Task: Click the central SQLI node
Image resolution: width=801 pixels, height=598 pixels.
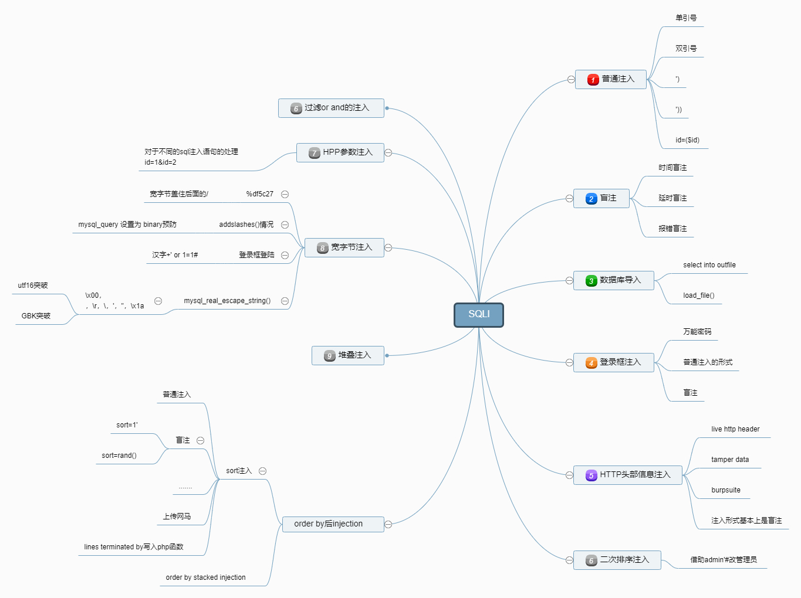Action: pyautogui.click(x=479, y=315)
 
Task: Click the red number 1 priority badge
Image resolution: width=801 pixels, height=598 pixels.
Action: pyautogui.click(x=593, y=80)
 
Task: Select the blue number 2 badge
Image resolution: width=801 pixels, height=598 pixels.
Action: pyautogui.click(x=591, y=199)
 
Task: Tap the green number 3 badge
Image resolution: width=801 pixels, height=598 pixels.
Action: pyautogui.click(x=591, y=281)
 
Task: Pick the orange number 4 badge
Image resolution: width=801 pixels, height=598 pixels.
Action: pyautogui.click(x=591, y=363)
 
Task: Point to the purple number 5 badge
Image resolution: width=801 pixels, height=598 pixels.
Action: pyautogui.click(x=591, y=475)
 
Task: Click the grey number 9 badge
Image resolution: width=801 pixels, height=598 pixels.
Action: pyautogui.click(x=330, y=356)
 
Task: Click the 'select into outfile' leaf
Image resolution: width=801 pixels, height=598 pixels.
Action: pyautogui.click(x=709, y=265)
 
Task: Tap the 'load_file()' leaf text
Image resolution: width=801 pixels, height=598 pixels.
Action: pyautogui.click(x=698, y=295)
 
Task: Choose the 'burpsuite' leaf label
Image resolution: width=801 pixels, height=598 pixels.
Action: pyautogui.click(x=725, y=490)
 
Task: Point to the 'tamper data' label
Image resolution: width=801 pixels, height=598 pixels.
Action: pyautogui.click(x=729, y=460)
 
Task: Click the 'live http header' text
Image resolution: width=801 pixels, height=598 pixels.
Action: pyautogui.click(x=735, y=429)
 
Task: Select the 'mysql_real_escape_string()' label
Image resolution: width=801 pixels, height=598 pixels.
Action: pyautogui.click(x=227, y=301)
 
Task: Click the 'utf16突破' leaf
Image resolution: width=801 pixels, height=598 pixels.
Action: pyautogui.click(x=33, y=286)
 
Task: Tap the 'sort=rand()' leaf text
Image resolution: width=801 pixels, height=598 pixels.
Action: pyautogui.click(x=119, y=456)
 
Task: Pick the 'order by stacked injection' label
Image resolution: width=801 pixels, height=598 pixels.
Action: pyautogui.click(x=205, y=577)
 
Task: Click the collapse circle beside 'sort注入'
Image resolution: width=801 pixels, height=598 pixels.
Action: pyautogui.click(x=263, y=471)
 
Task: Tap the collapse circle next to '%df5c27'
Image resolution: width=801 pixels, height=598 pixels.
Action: pyautogui.click(x=285, y=194)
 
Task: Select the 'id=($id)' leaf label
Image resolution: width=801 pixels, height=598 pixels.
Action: pyautogui.click(x=687, y=140)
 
